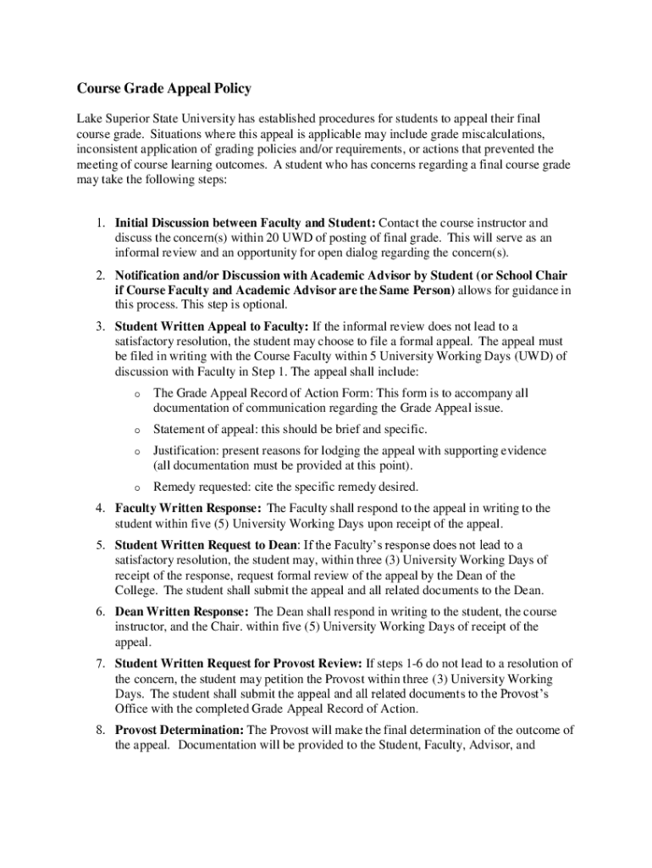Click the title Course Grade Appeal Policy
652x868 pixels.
164,88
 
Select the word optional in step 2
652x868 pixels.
265,304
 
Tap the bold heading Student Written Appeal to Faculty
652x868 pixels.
212,326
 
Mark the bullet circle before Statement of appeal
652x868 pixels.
135,431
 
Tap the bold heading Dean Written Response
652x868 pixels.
181,611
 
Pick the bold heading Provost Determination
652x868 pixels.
180,730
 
